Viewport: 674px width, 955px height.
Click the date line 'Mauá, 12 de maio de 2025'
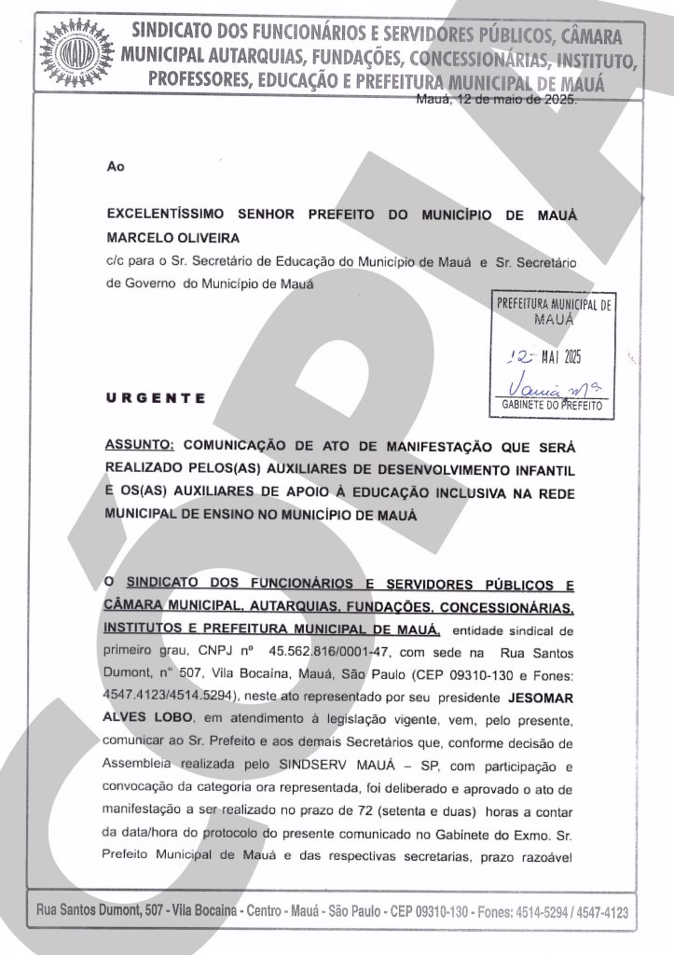click(x=496, y=100)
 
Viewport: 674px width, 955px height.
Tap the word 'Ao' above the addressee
click(x=116, y=167)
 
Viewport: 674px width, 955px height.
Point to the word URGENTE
click(x=157, y=398)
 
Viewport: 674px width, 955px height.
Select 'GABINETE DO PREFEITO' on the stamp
click(x=553, y=406)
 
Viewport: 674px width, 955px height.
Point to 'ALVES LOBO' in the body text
click(x=150, y=715)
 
